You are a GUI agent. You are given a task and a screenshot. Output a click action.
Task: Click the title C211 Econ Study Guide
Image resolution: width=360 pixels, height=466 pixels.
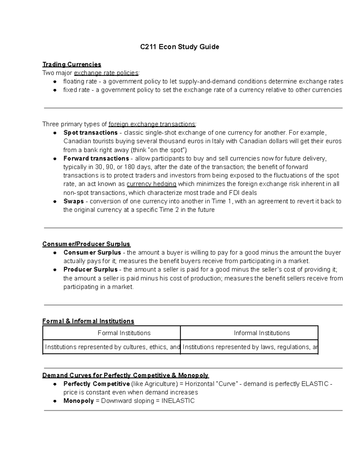(x=180, y=47)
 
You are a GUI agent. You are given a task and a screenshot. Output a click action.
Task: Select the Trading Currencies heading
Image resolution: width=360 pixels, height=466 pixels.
(x=72, y=64)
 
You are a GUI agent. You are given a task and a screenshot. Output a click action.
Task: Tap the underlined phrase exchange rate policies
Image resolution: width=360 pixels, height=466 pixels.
(x=106, y=73)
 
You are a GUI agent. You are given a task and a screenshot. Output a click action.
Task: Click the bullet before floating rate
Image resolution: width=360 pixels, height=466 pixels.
(x=55, y=82)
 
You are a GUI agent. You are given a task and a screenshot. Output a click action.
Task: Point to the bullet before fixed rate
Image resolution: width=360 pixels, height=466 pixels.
(x=55, y=90)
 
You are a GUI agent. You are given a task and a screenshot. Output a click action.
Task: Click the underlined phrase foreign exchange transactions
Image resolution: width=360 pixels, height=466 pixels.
(x=152, y=124)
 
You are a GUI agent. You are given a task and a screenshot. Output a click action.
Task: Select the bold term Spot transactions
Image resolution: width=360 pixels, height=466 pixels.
(x=90, y=133)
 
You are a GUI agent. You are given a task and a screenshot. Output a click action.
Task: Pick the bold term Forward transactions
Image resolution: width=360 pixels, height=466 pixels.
(x=96, y=158)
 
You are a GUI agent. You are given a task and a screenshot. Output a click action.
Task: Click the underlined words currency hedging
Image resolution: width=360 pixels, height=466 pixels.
(x=151, y=184)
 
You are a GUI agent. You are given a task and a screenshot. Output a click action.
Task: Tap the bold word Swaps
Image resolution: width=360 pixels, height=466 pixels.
(x=73, y=201)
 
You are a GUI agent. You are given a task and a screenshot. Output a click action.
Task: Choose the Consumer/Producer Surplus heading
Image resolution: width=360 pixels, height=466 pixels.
(x=86, y=244)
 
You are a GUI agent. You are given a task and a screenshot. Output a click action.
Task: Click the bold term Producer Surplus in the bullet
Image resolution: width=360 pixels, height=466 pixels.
(x=90, y=269)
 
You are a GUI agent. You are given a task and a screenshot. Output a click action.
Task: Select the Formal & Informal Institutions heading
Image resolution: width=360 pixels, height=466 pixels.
(x=88, y=321)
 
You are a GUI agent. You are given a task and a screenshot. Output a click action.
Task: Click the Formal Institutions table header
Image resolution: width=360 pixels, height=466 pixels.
(x=124, y=333)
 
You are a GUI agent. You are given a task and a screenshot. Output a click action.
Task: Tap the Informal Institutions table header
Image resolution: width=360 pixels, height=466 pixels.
(x=262, y=333)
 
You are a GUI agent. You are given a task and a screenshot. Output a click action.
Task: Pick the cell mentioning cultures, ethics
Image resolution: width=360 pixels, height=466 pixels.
(x=112, y=347)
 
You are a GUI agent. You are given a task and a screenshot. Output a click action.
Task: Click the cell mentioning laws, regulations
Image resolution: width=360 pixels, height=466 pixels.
(x=249, y=347)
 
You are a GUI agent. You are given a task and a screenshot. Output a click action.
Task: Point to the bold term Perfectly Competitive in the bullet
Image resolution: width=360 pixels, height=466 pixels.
(x=96, y=384)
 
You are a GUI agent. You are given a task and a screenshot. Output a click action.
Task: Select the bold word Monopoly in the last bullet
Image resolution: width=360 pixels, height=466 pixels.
(x=79, y=401)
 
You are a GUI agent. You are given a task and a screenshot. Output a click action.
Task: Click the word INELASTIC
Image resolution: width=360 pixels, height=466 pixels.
(x=178, y=401)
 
